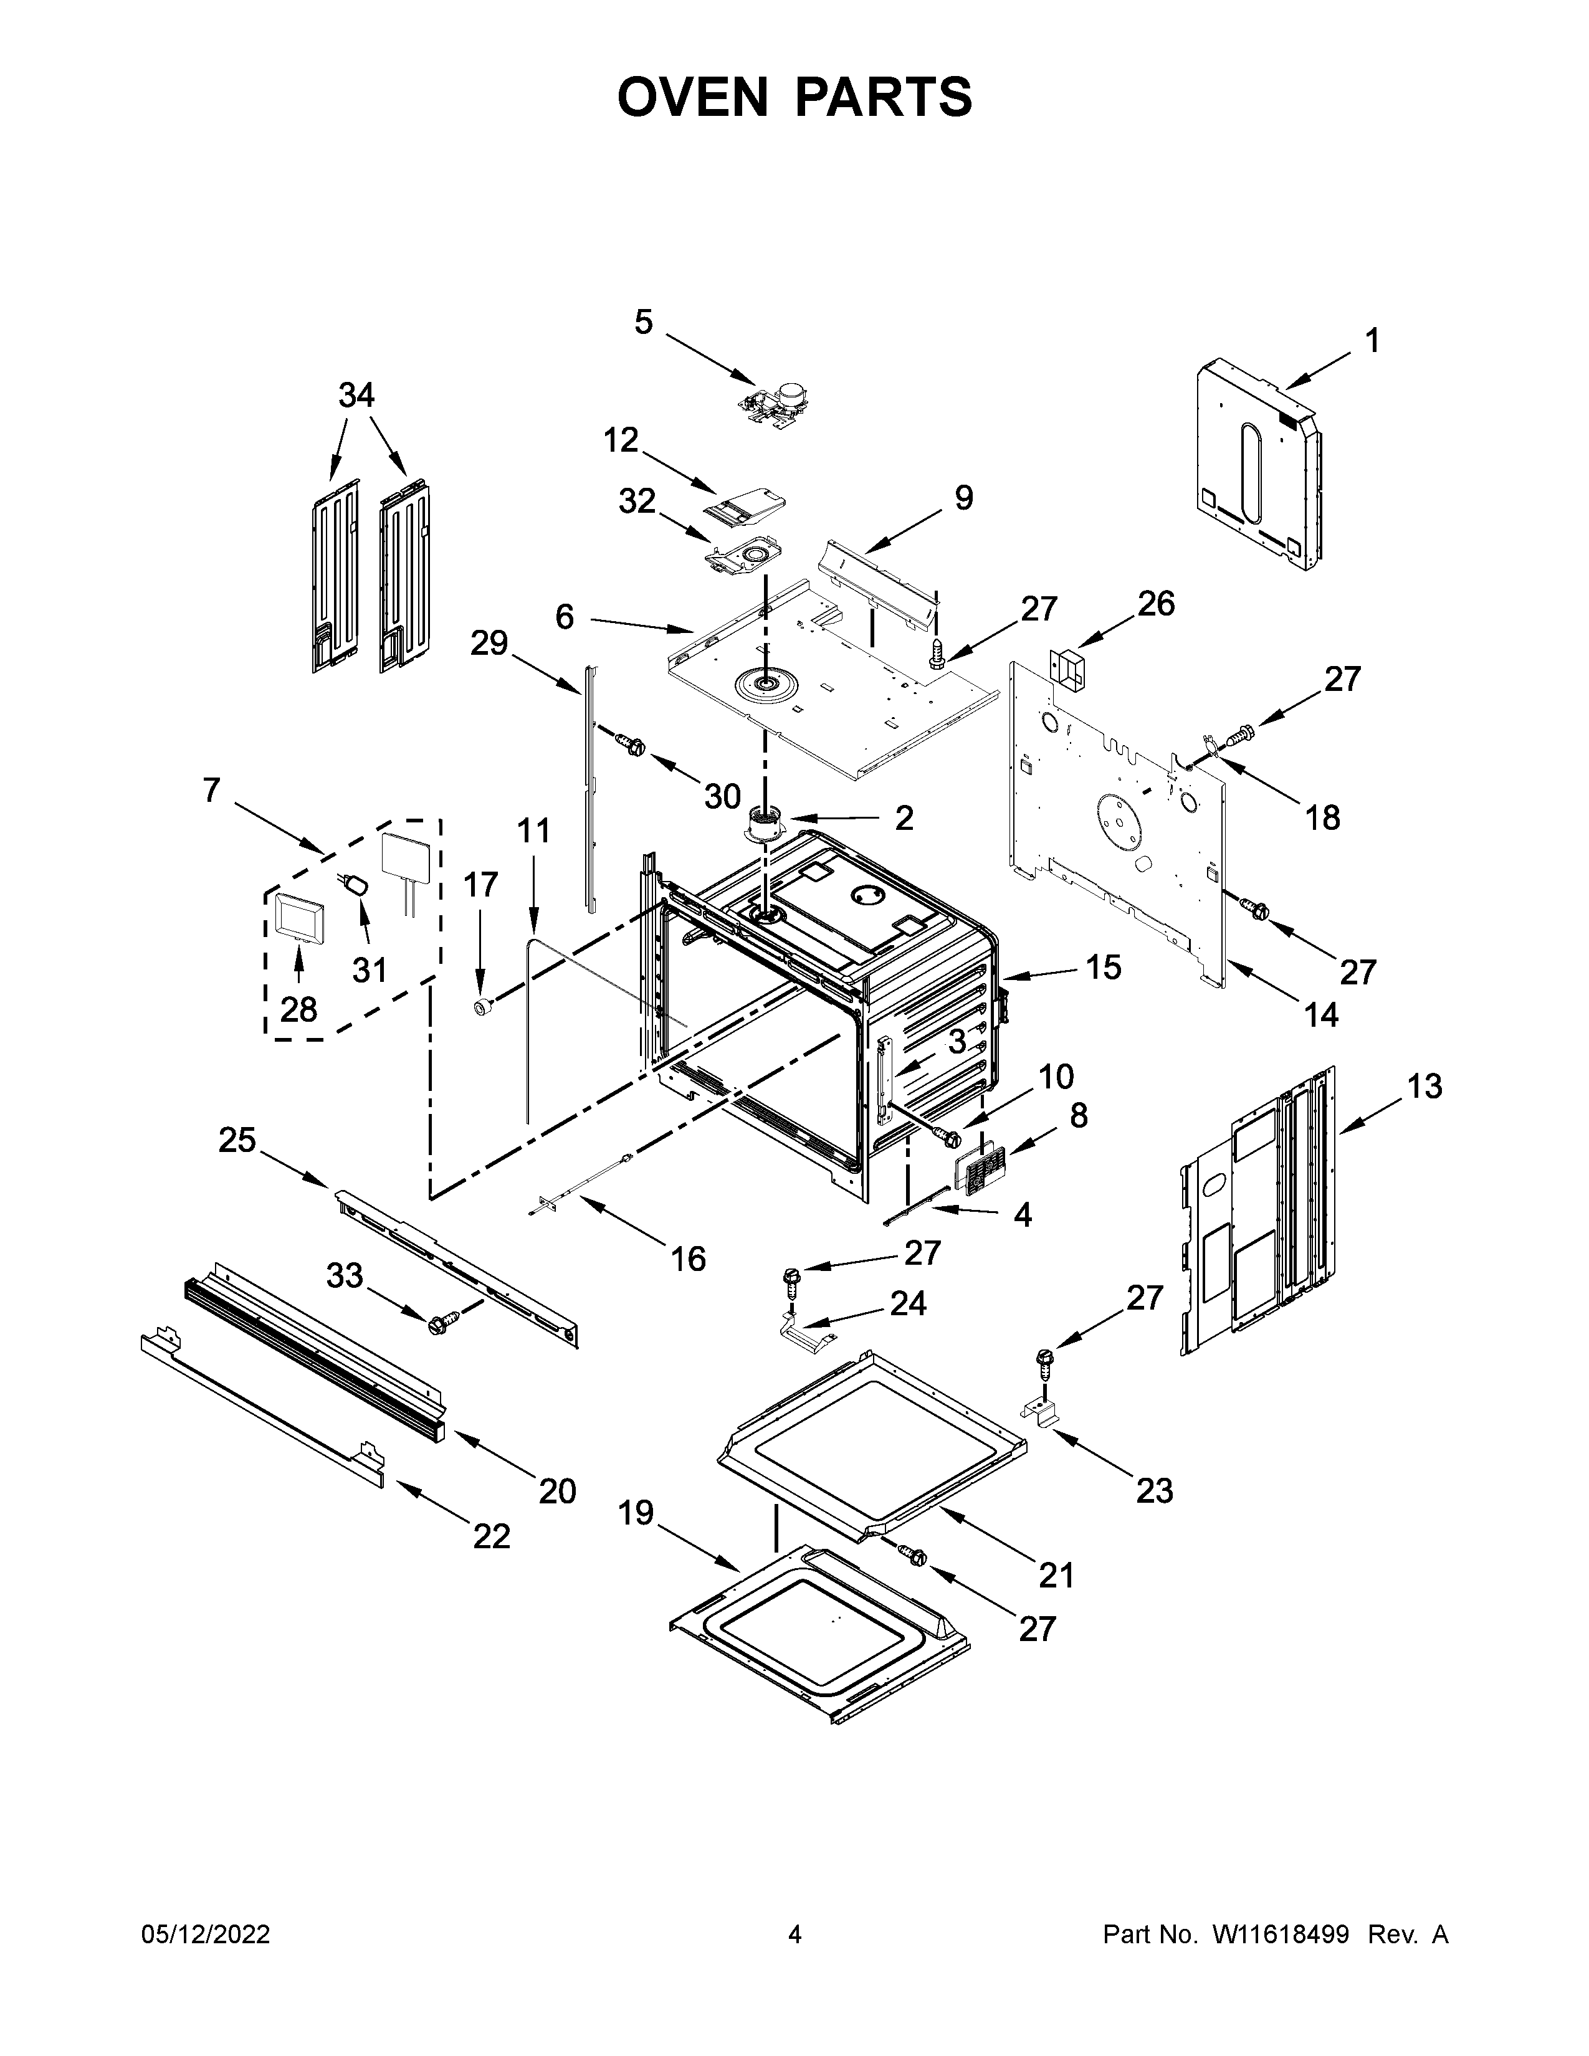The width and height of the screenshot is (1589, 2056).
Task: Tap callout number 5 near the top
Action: point(643,323)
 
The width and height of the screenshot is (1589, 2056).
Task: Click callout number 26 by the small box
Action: point(1156,604)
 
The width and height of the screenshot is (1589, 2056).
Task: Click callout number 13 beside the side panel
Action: point(1424,1087)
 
